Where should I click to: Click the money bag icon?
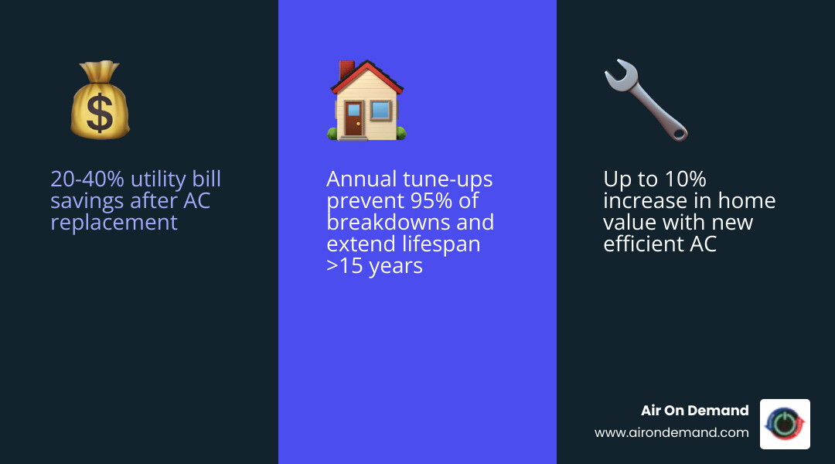(100, 101)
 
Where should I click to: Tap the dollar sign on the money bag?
(100, 112)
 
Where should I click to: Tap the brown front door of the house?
(353, 121)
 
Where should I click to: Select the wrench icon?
(646, 101)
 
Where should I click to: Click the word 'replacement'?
(114, 223)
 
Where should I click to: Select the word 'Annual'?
(361, 179)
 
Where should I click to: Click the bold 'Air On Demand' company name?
(694, 411)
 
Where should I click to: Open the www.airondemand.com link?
(671, 433)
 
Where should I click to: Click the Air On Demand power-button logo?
(785, 424)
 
